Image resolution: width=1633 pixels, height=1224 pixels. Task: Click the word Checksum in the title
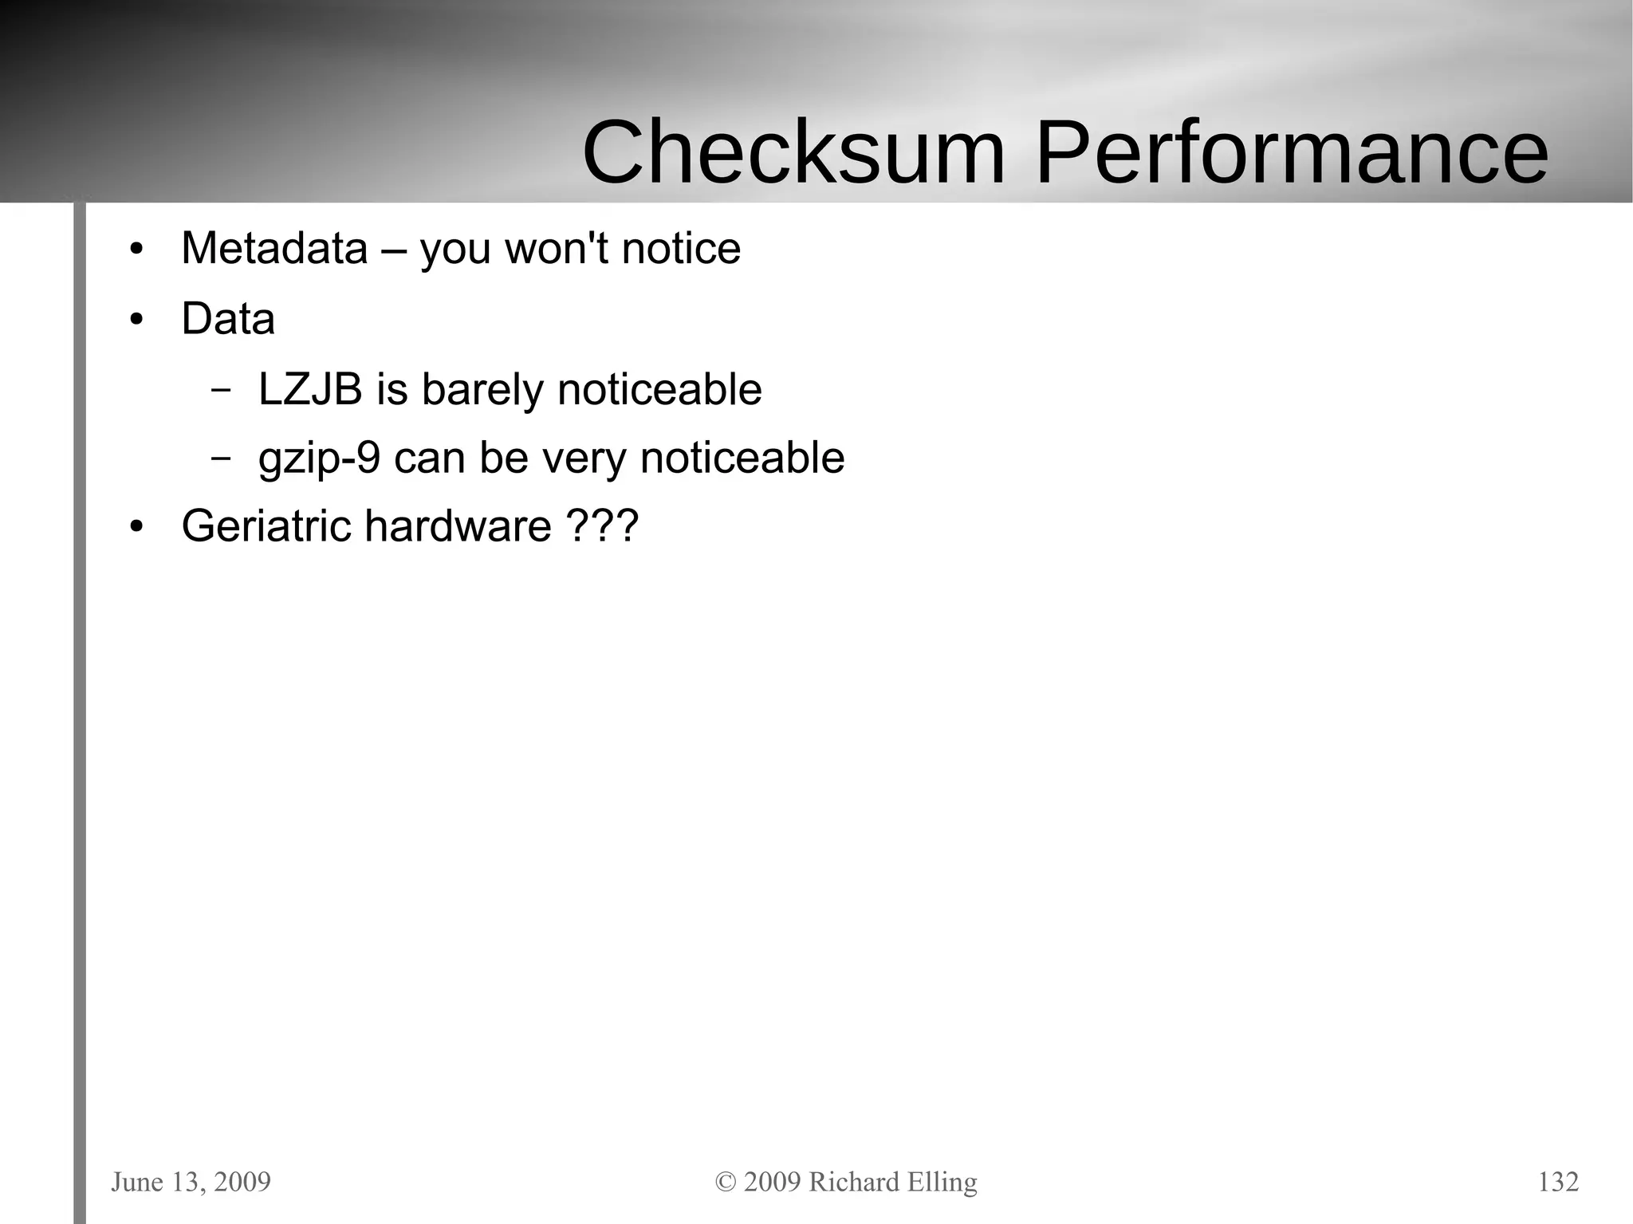click(793, 152)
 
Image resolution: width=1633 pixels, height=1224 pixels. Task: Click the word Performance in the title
click(1291, 152)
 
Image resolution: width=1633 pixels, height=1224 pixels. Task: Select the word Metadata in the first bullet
click(274, 248)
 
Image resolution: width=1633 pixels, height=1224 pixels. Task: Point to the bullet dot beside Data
click(136, 321)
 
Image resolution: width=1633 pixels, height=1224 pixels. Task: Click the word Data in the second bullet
click(228, 319)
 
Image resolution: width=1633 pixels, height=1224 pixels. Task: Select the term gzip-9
click(319, 459)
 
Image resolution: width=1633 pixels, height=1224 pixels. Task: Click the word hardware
click(458, 526)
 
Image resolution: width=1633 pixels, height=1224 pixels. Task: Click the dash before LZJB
click(221, 390)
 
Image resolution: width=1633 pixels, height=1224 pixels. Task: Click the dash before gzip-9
click(221, 459)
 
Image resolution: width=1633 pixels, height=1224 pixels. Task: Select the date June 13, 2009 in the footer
click(191, 1182)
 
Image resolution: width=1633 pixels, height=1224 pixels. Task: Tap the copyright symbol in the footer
click(726, 1182)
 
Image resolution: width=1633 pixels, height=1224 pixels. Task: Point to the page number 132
click(1558, 1182)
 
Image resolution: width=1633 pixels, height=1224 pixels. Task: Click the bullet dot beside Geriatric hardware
click(136, 527)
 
